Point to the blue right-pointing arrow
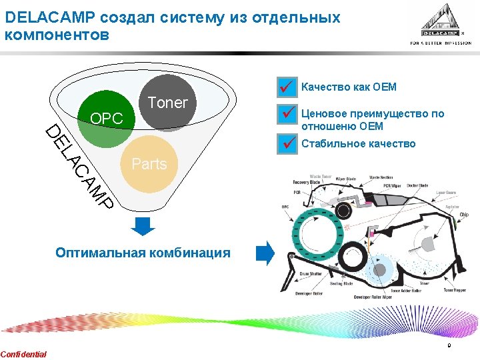pos(265,253)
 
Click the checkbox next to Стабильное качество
pos(287,143)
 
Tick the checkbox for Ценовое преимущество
pos(287,114)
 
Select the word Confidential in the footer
pos(24,354)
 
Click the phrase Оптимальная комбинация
pos(143,253)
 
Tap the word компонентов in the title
pos(56,35)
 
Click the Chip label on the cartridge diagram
pos(464,215)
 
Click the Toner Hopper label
pos(455,291)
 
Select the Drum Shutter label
pos(311,274)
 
